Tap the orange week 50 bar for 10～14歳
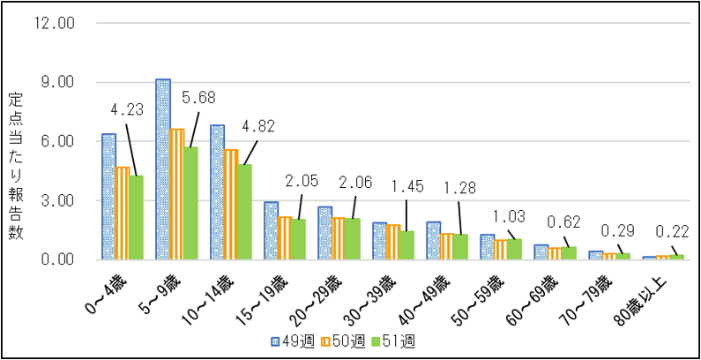click(231, 204)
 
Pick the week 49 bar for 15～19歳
click(271, 230)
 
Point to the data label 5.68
click(198, 97)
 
